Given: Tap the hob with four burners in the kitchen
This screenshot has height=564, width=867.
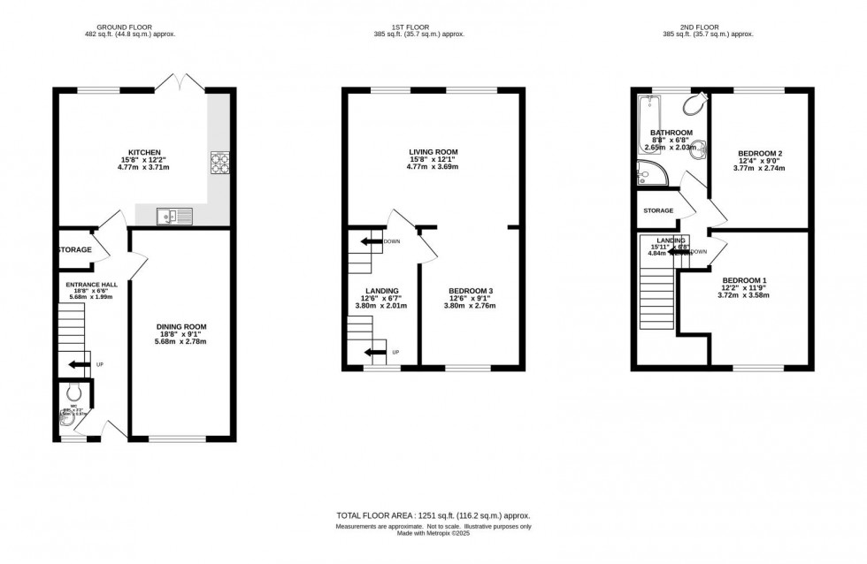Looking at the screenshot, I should [x=219, y=163].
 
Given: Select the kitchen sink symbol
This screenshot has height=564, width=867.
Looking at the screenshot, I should [x=167, y=215].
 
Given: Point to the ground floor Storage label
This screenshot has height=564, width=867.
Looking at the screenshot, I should [x=74, y=250].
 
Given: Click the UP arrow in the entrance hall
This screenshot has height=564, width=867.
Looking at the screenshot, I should [x=80, y=363].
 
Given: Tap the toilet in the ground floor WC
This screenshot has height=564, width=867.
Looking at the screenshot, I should [x=73, y=393].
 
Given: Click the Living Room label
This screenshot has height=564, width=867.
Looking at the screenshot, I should [x=433, y=152].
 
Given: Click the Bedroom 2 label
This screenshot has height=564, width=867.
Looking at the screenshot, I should [x=760, y=153].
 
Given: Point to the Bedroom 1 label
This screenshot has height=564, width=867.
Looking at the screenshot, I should [x=744, y=280].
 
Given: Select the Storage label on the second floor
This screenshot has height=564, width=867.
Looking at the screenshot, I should [x=658, y=210].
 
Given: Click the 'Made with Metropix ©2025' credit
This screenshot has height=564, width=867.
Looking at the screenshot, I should [x=433, y=533].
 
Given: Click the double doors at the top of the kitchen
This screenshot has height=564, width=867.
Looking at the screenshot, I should [x=180, y=83].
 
